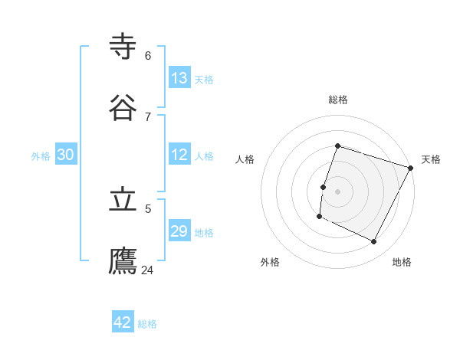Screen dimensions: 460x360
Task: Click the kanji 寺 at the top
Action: point(123,47)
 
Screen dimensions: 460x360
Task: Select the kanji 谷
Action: point(123,108)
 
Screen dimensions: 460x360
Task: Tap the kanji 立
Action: point(123,200)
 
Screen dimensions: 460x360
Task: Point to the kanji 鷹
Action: point(123,261)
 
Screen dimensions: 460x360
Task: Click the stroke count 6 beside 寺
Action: point(148,55)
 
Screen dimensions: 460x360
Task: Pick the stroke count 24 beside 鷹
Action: point(148,270)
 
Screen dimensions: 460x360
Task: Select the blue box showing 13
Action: point(179,78)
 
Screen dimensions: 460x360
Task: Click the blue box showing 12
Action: point(179,155)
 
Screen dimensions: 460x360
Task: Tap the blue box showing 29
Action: point(179,231)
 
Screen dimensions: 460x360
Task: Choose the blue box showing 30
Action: point(66,155)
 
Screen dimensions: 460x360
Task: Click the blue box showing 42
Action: point(123,322)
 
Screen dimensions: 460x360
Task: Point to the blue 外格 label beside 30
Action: point(41,156)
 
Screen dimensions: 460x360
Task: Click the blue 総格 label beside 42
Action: point(147,324)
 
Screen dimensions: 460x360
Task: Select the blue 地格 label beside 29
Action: point(204,233)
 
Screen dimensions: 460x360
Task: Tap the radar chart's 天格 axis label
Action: point(431,159)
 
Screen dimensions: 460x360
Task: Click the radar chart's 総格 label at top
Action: point(338,100)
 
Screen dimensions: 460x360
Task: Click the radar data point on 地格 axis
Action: point(374,242)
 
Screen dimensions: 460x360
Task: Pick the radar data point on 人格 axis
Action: point(324,187)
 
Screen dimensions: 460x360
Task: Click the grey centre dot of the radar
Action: point(338,191)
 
